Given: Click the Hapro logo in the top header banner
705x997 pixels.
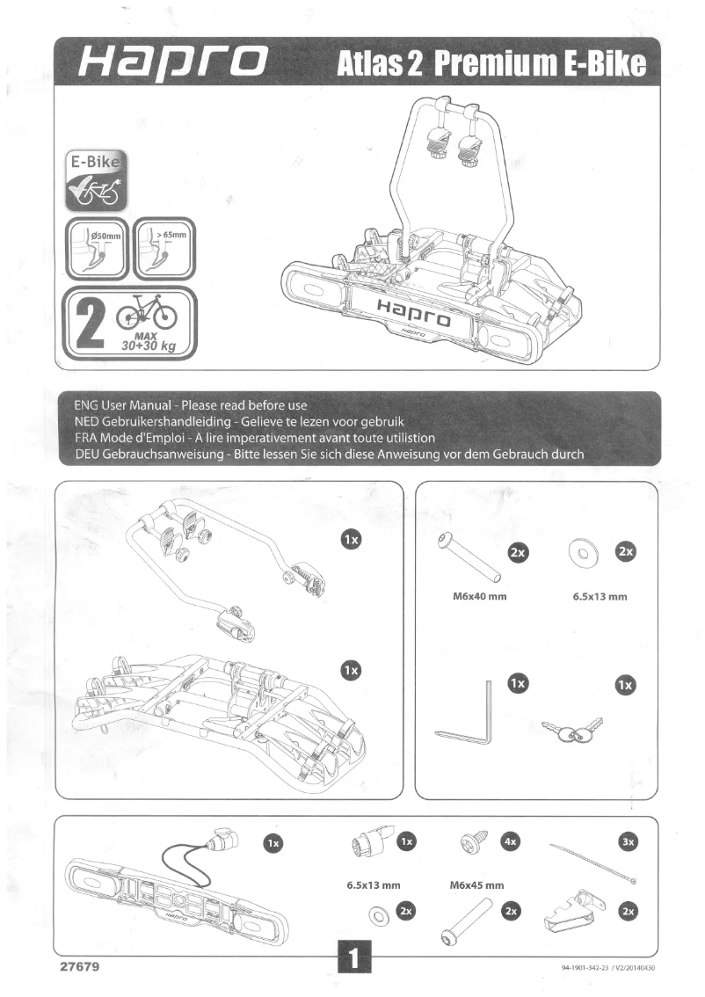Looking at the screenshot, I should coord(172,63).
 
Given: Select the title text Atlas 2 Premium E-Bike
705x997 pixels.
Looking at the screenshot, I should coord(491,64).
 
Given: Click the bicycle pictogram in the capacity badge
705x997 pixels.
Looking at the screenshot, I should coord(146,310).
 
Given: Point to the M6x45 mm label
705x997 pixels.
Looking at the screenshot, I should coord(476,885).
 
